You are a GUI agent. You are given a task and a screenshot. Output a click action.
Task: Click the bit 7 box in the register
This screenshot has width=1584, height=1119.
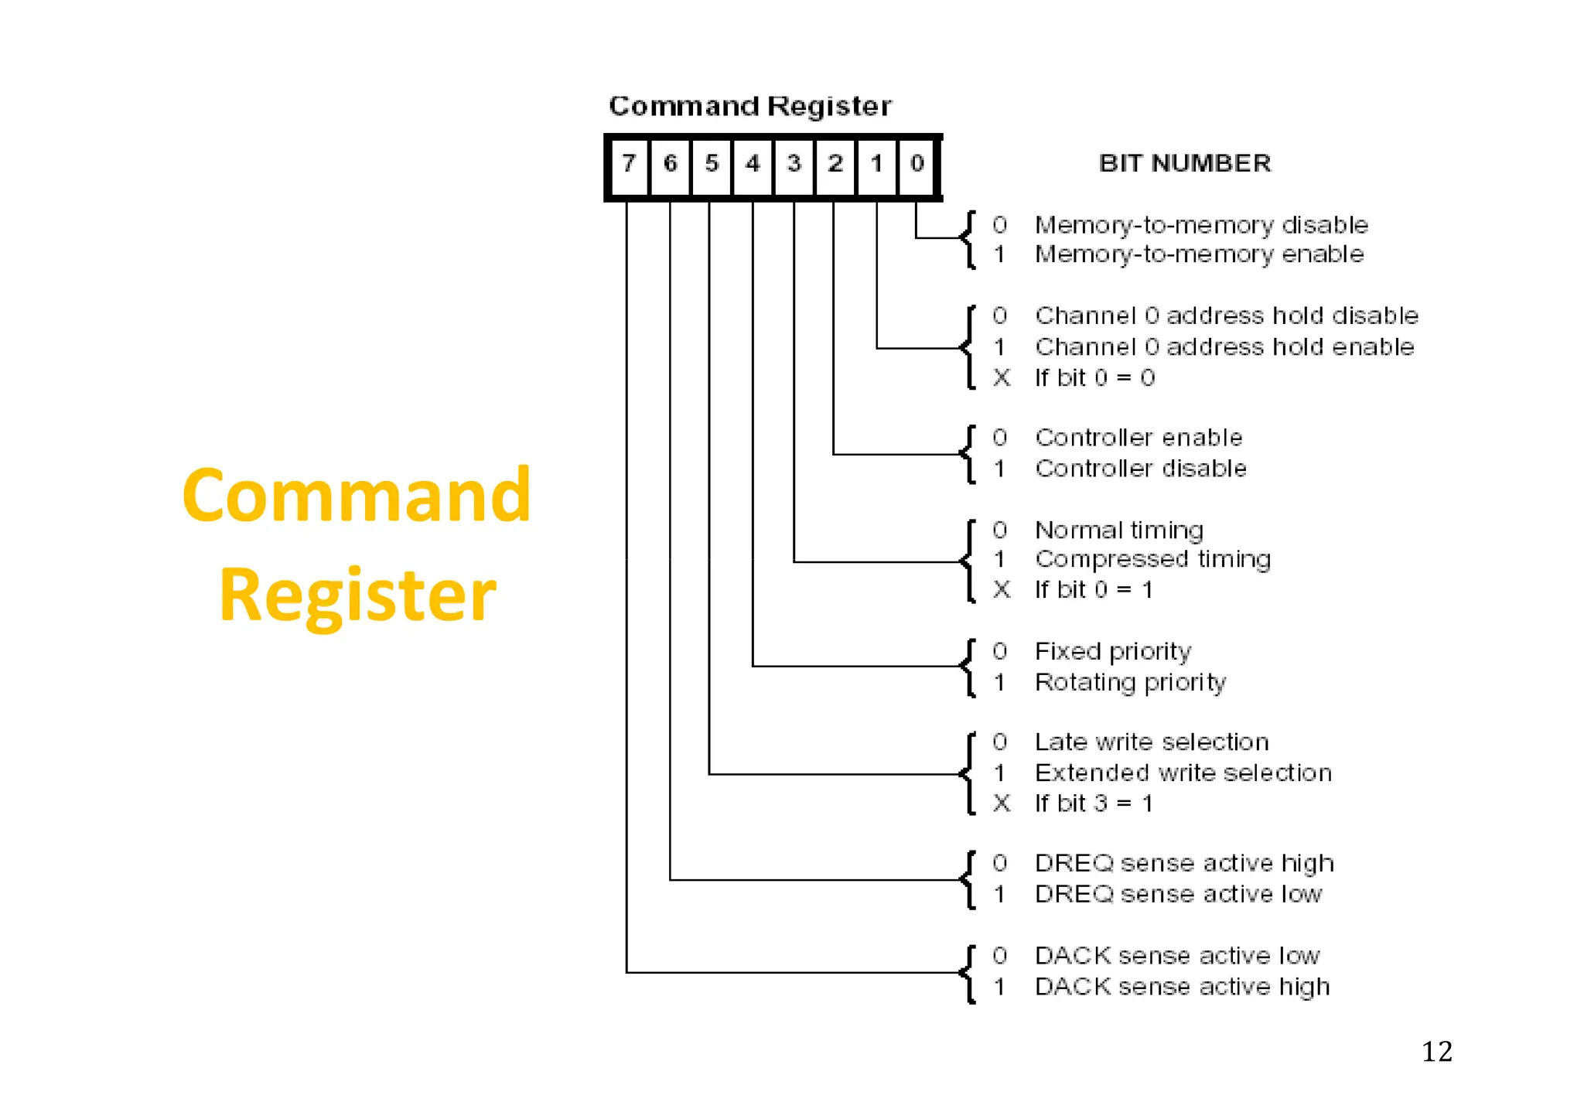pos(629,164)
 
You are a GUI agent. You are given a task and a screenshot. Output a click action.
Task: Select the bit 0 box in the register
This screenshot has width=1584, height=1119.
pos(917,164)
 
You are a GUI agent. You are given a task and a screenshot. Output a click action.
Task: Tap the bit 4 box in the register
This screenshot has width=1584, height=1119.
pos(752,164)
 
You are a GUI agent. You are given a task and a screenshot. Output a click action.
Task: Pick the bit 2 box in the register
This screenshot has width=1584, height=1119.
pos(835,164)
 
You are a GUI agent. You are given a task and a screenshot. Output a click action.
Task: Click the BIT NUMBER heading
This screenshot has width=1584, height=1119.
pos(1184,163)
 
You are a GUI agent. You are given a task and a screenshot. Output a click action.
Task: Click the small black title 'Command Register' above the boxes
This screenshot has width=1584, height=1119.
pos(749,106)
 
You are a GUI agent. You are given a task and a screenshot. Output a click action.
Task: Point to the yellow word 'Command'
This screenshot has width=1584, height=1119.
pos(357,496)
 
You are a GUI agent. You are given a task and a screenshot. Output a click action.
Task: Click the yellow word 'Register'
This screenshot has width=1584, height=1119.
pos(357,595)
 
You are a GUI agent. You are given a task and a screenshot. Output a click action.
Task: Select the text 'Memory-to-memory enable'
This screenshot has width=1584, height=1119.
pos(1199,254)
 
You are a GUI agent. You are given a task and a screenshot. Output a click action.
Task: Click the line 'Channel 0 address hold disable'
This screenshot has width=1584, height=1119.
pos(1226,316)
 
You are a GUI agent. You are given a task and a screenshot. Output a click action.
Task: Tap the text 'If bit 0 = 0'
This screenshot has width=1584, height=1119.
pos(1094,377)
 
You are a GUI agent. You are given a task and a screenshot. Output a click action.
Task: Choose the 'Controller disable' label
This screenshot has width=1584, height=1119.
pos(1140,469)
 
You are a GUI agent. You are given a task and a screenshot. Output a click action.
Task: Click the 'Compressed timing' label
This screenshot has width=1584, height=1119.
pos(1152,559)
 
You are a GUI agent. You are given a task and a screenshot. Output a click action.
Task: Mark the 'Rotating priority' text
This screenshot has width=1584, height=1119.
pos(1130,682)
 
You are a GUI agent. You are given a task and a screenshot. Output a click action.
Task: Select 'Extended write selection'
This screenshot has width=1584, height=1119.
pos(1183,773)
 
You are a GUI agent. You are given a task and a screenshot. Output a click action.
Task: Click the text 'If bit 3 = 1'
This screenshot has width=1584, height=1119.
pos(1094,803)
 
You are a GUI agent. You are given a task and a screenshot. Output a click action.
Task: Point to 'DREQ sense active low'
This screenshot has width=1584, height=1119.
pos(1178,894)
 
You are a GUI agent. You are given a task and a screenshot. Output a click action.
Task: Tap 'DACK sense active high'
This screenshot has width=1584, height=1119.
pos(1182,987)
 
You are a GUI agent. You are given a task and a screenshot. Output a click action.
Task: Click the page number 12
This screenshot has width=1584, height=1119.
pos(1436,1052)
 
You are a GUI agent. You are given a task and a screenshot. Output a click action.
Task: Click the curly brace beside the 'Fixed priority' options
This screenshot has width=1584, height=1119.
pos(968,667)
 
